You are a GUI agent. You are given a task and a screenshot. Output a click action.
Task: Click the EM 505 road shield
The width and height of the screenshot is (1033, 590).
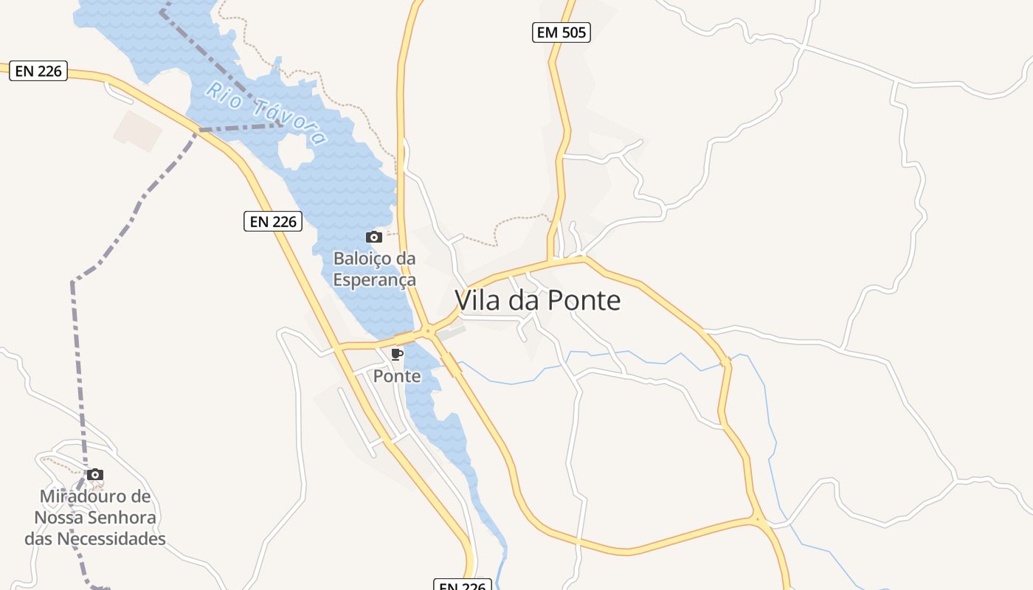point(561,32)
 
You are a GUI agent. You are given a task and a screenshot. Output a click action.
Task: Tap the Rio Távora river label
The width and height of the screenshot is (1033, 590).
point(266,113)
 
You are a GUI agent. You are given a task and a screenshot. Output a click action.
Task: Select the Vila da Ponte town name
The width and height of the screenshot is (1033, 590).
point(537,300)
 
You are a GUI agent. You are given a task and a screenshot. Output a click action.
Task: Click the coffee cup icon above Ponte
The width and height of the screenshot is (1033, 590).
point(396,355)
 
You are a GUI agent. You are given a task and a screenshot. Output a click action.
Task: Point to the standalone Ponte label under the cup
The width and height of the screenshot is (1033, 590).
point(397,376)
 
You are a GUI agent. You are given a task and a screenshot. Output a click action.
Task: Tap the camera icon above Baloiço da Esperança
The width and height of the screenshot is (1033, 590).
point(374,237)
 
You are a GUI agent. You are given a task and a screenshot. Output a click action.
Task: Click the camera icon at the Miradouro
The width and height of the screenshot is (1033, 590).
point(95,475)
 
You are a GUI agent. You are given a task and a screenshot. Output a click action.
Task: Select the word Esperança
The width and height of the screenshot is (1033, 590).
point(374,280)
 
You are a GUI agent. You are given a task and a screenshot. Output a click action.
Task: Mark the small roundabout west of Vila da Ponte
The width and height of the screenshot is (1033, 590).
point(427,331)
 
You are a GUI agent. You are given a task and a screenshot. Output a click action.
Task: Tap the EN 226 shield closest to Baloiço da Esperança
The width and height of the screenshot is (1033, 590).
point(273,221)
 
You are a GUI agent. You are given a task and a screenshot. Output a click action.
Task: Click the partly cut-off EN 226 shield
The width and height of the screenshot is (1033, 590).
point(462,586)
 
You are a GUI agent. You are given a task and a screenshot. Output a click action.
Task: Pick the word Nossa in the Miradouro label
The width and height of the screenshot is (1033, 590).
point(58,517)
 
